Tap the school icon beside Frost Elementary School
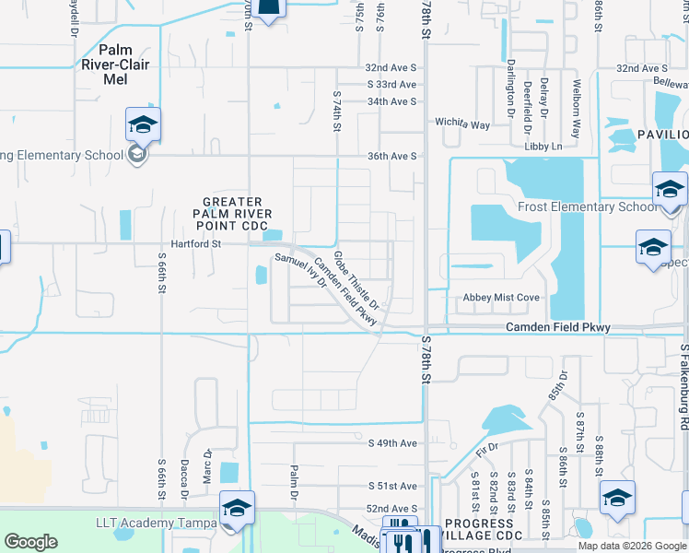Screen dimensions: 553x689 pyautogui.click(x=669, y=190)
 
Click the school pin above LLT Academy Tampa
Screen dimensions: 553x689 pyautogui.click(x=237, y=508)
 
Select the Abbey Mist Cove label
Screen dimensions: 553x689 pyautogui.click(x=500, y=298)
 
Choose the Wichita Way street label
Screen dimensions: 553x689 pyautogui.click(x=463, y=124)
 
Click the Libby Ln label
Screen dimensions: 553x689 pyautogui.click(x=543, y=147)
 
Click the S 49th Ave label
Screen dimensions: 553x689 pyautogui.click(x=392, y=443)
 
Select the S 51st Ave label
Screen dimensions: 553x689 pyautogui.click(x=392, y=486)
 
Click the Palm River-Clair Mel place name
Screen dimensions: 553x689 pyautogui.click(x=115, y=65)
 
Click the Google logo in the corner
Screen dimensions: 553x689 pyautogui.click(x=31, y=542)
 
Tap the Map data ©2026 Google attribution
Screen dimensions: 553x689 pyautogui.click(x=631, y=546)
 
